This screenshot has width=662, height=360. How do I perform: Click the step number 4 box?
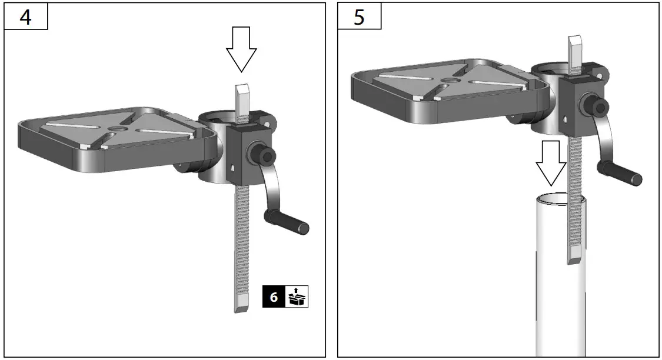pos(25,16)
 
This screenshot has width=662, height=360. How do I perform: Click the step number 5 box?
pos(359,16)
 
